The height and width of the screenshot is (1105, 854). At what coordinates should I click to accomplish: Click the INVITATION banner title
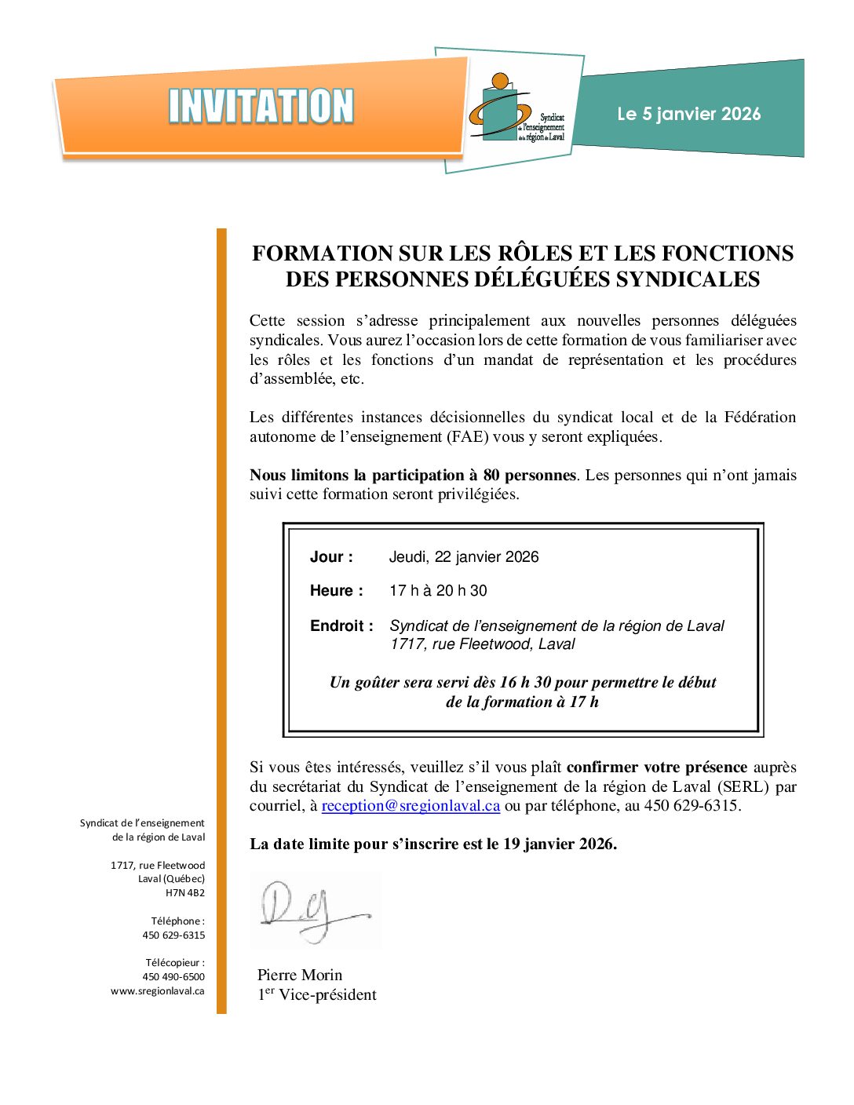click(x=261, y=106)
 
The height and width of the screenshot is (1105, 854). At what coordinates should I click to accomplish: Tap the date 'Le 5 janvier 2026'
click(x=688, y=114)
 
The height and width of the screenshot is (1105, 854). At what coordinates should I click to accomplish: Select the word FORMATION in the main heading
click(x=322, y=253)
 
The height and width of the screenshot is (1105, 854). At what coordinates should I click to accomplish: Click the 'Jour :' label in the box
click(x=331, y=557)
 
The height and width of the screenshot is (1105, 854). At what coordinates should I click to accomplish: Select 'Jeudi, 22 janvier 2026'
click(x=464, y=557)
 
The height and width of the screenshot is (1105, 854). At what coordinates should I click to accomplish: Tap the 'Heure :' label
click(x=336, y=591)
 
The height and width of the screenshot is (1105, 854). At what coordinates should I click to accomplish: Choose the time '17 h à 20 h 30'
click(x=438, y=591)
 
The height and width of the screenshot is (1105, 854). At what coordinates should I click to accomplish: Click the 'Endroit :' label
click(x=341, y=626)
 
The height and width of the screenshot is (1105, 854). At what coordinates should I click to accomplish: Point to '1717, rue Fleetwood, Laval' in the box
click(x=482, y=644)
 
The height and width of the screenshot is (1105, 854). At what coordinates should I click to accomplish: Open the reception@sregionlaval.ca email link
click(x=411, y=806)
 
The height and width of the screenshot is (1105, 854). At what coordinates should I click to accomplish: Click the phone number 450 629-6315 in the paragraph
click(x=691, y=806)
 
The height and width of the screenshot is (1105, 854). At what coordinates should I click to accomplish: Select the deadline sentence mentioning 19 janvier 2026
click(x=433, y=844)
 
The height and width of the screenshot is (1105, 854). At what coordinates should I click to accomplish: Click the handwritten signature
click(x=314, y=910)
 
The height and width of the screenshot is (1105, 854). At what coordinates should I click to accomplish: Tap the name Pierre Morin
click(x=300, y=976)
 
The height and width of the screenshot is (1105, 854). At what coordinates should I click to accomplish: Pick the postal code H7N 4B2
click(x=185, y=893)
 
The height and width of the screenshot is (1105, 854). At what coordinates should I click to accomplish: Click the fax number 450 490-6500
click(x=173, y=977)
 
